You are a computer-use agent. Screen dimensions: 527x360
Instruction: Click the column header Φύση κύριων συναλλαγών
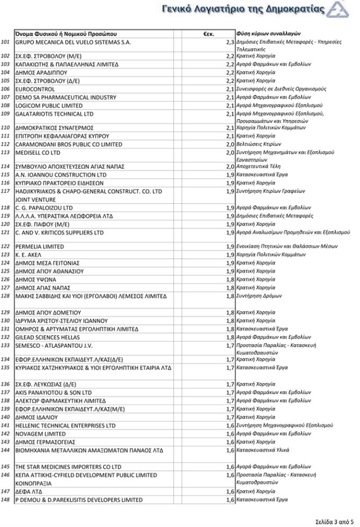tap(268, 34)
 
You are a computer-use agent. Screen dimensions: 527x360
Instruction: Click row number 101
tap(6, 42)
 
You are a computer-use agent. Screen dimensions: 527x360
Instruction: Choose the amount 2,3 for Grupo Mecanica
tap(230, 42)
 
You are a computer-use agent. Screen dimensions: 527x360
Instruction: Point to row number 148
tap(6, 500)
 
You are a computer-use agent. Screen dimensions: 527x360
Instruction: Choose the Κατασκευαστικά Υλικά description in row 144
tap(262, 450)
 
